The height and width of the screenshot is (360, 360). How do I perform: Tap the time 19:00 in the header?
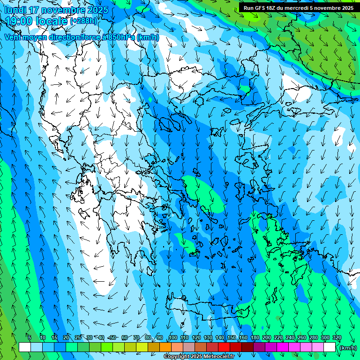tap(21, 21)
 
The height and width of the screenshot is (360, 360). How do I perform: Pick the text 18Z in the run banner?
tap(270, 8)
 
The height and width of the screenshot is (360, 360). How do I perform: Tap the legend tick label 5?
tap(30, 338)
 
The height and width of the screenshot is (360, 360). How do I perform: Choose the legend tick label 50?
tap(112, 338)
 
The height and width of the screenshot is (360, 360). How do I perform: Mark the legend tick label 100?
tap(173, 338)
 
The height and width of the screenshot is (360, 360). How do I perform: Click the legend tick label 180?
tap(255, 338)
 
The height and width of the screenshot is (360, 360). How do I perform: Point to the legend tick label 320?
tap(337, 338)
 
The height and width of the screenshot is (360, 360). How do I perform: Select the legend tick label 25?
tap(77, 338)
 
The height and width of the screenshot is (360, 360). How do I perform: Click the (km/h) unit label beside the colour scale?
tap(348, 347)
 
